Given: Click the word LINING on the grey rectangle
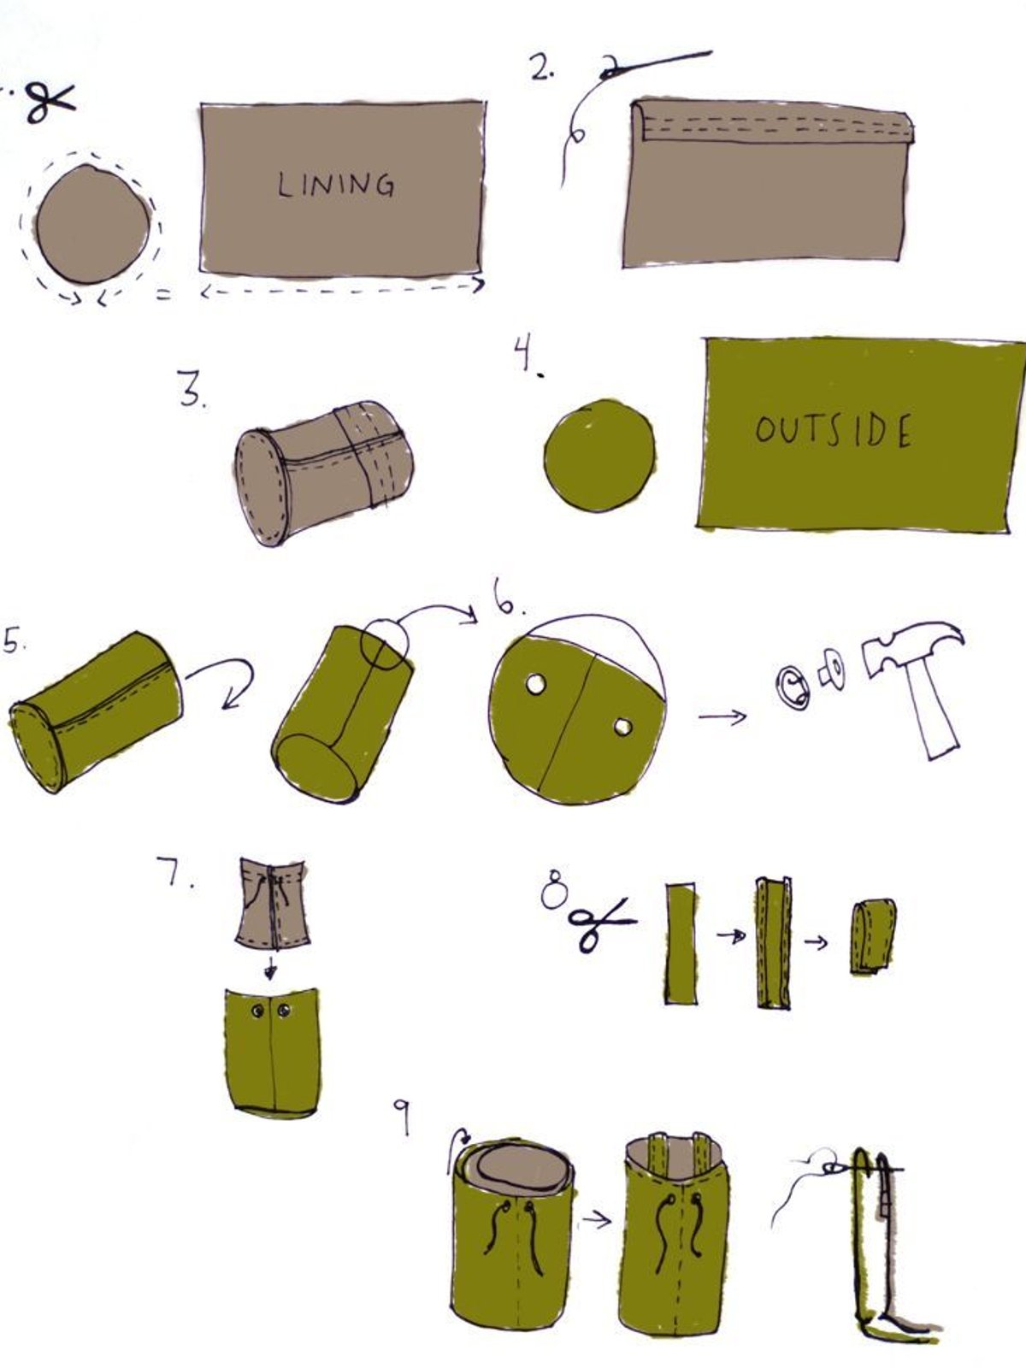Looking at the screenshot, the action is pyautogui.click(x=336, y=185).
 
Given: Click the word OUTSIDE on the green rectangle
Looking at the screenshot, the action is pyautogui.click(x=834, y=430).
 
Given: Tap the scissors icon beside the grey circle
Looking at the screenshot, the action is pyautogui.click(x=50, y=103).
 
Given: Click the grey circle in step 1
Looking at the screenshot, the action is pyautogui.click(x=93, y=224).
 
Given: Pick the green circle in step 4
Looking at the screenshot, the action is pyautogui.click(x=599, y=457).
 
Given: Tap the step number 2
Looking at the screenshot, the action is pyautogui.click(x=542, y=68).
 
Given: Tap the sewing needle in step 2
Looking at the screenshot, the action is pyautogui.click(x=655, y=65).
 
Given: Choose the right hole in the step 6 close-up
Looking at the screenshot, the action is pyautogui.click(x=623, y=728).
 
